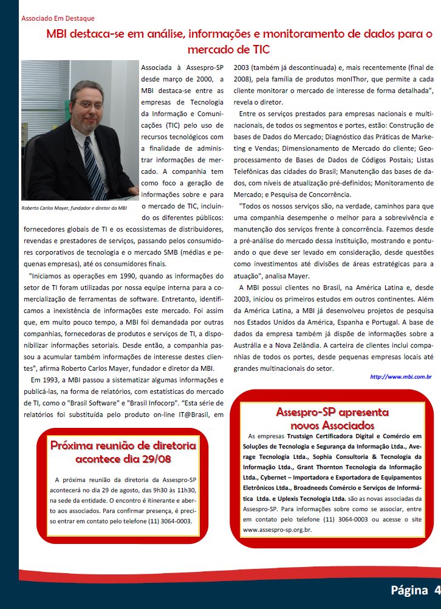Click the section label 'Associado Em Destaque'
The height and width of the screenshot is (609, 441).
pyautogui.click(x=58, y=19)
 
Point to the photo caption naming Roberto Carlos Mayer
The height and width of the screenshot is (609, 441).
pyautogui.click(x=74, y=208)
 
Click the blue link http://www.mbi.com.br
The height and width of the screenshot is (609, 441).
pyautogui.click(x=401, y=377)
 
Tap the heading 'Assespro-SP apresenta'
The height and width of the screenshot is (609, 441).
pyautogui.click(x=332, y=411)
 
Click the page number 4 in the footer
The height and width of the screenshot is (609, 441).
pyautogui.click(x=437, y=590)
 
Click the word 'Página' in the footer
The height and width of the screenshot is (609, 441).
pyautogui.click(x=409, y=590)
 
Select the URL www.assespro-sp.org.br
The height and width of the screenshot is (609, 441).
pyautogui.click(x=277, y=529)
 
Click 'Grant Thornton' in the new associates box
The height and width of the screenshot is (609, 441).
pyautogui.click(x=321, y=467)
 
